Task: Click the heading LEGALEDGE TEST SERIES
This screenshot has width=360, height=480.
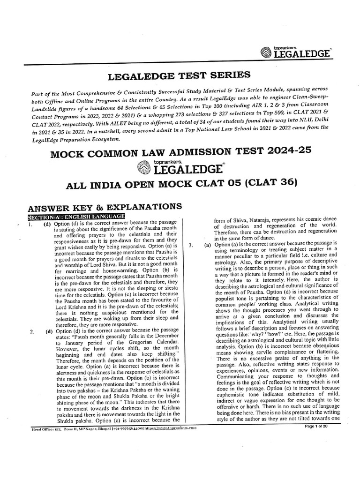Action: (180, 75)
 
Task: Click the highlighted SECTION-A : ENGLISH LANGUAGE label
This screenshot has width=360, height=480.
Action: (76, 216)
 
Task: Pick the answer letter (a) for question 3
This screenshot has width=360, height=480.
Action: (207, 245)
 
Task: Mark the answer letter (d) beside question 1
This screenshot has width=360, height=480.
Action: (48, 224)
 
